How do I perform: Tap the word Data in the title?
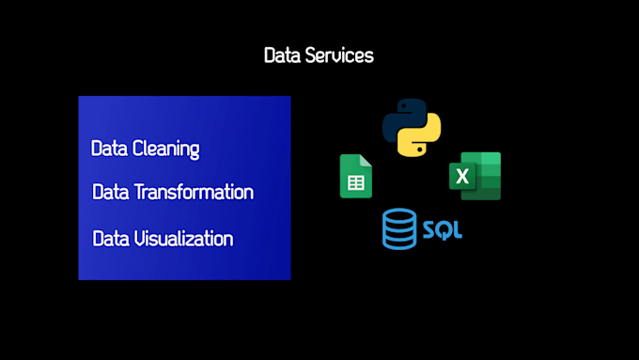point(283,55)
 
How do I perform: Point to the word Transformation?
point(195,193)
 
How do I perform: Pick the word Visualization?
point(183,238)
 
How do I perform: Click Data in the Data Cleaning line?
point(109,149)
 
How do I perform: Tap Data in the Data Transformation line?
point(111,193)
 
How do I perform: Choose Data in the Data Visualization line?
point(111,238)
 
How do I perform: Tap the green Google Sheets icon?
point(355,176)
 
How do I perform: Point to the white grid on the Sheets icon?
point(355,182)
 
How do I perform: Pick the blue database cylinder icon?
point(398,229)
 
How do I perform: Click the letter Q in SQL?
point(443,229)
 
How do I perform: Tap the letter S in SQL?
point(429,229)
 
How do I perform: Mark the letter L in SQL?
point(457,229)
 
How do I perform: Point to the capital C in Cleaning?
point(138,149)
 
